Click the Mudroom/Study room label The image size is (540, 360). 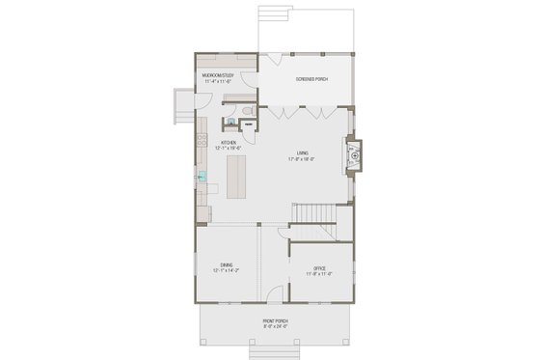click(219, 74)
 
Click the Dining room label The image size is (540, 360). click(226, 264)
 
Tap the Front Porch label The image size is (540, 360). click(275, 320)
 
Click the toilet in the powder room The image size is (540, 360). click(248, 114)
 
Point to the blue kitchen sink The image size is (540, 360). click(202, 177)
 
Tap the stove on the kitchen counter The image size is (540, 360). click(202, 141)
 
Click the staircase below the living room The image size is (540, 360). click(310, 213)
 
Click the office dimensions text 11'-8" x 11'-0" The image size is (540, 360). click(319, 273)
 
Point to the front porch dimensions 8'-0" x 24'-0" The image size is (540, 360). click(275, 326)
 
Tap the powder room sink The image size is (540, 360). click(231, 124)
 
